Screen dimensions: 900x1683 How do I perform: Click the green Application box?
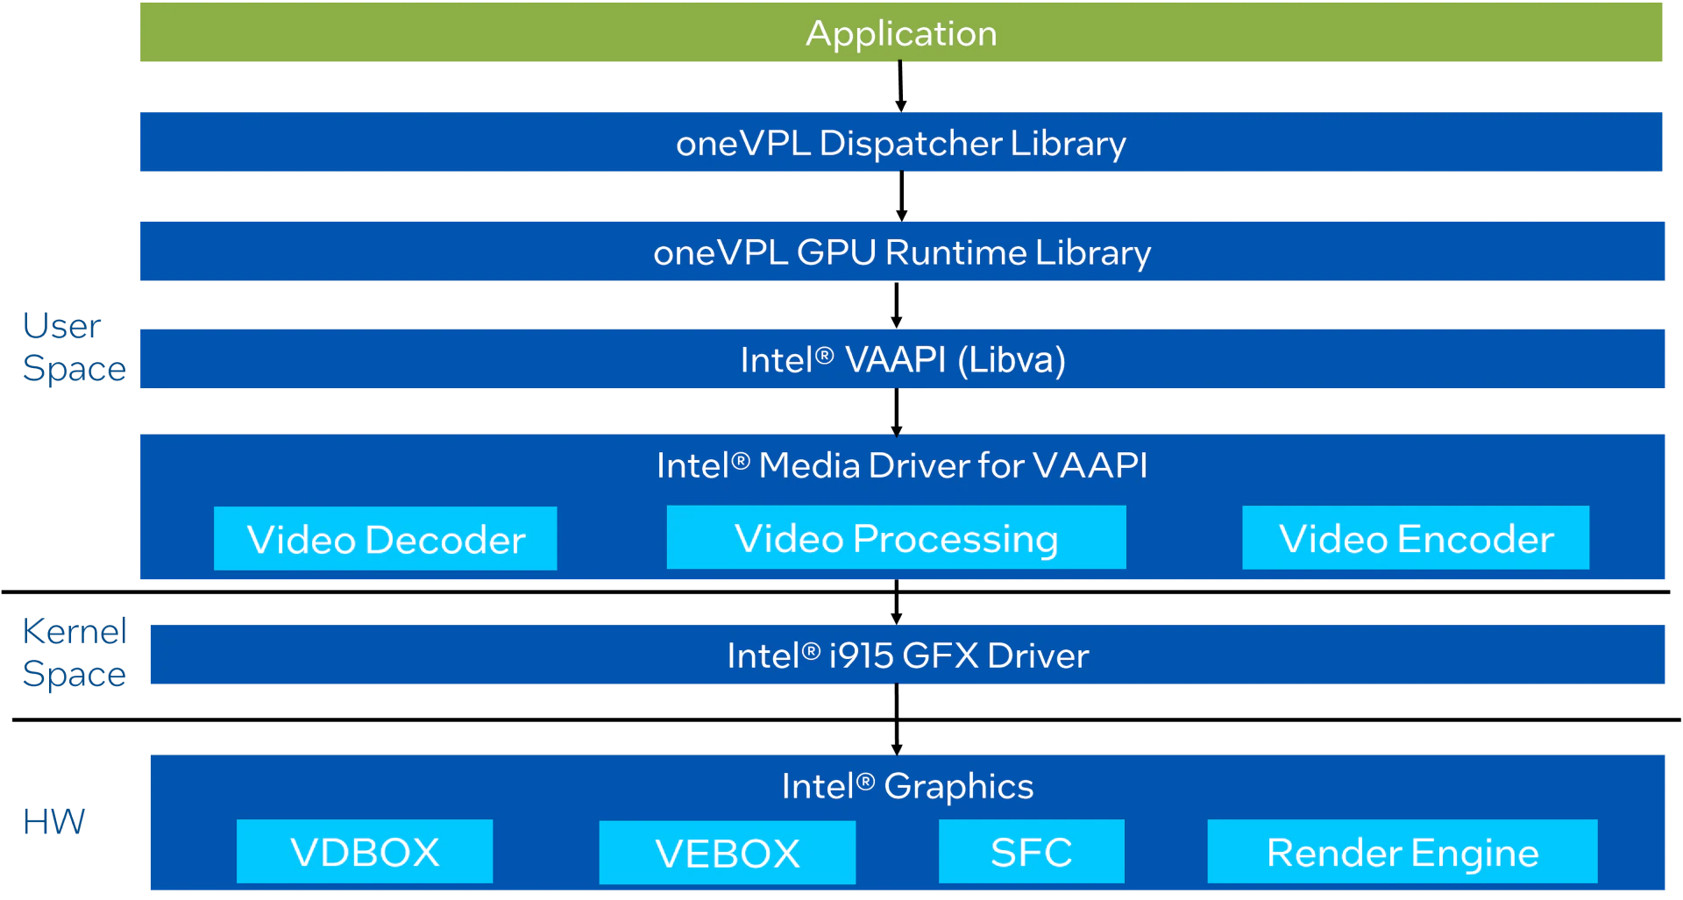pyautogui.click(x=901, y=32)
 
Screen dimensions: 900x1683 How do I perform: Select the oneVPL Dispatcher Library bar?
pyautogui.click(x=901, y=142)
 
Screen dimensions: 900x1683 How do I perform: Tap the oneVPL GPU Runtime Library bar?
pyautogui.click(x=901, y=252)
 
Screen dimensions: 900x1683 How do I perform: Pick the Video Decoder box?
pyautogui.click(x=386, y=539)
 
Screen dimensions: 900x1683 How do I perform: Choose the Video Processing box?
pyautogui.click(x=896, y=538)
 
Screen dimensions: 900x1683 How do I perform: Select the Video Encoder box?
pyautogui.click(x=1416, y=538)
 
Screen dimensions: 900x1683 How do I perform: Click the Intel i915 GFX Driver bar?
pyautogui.click(x=907, y=655)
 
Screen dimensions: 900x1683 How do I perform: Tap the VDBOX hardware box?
pyautogui.click(x=365, y=852)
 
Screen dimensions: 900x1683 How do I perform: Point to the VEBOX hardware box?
pyautogui.click(x=728, y=853)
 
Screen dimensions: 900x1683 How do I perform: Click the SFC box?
pyautogui.click(x=1031, y=852)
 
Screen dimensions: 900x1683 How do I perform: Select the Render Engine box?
pyautogui.click(x=1402, y=852)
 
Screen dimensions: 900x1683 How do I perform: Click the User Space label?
pyautogui.click(x=74, y=347)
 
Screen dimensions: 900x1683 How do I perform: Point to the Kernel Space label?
pyautogui.click(x=74, y=652)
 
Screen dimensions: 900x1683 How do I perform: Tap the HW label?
pyautogui.click(x=53, y=822)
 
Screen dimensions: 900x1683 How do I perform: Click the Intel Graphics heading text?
pyautogui.click(x=907, y=786)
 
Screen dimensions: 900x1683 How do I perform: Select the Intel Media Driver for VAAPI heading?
pyautogui.click(x=901, y=465)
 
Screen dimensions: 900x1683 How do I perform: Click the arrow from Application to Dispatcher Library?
pyautogui.click(x=900, y=86)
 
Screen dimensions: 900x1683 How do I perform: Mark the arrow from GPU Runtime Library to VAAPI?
pyautogui.click(x=896, y=304)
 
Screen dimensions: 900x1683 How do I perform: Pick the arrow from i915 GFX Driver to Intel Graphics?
pyautogui.click(x=896, y=719)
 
